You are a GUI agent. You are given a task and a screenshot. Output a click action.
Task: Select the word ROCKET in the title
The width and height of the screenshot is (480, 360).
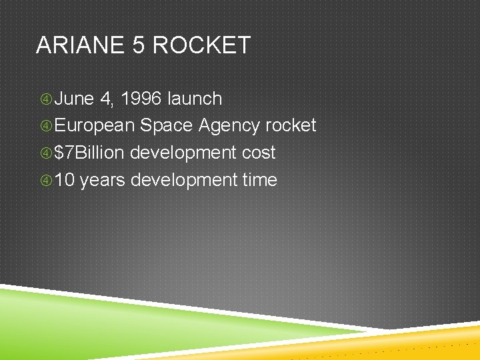[x=202, y=45]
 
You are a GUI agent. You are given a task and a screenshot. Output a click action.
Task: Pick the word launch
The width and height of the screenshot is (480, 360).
[x=195, y=99]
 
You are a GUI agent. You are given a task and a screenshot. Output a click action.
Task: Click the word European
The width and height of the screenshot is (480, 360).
[x=95, y=126]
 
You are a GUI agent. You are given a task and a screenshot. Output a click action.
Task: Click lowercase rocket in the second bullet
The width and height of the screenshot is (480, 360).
[x=291, y=126]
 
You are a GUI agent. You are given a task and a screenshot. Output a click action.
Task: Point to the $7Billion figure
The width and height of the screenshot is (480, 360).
[x=89, y=153]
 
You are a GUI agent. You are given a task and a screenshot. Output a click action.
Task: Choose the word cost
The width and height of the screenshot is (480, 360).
[x=259, y=153]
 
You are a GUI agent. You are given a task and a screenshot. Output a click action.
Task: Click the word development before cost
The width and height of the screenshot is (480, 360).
[x=183, y=153]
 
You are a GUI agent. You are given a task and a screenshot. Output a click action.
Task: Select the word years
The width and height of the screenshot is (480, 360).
[x=104, y=180]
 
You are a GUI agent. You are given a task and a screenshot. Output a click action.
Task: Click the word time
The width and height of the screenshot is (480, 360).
[x=259, y=180]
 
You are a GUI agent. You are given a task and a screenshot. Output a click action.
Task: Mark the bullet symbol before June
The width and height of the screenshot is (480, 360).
[x=45, y=99]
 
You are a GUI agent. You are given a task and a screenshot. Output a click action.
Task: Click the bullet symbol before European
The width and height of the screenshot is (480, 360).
[x=45, y=126]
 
